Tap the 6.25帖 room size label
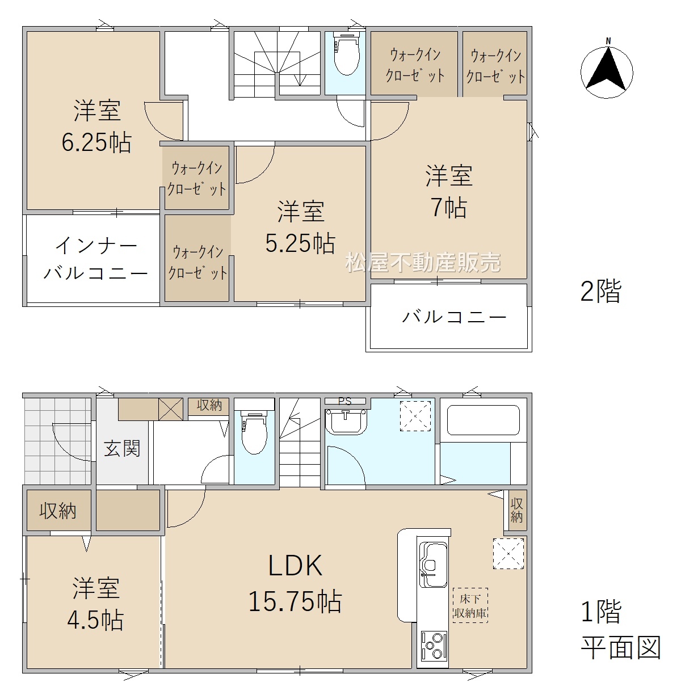(x=96, y=142)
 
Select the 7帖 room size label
(x=449, y=208)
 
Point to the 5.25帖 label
(x=300, y=243)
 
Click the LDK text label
(x=295, y=565)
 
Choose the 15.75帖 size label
(x=295, y=601)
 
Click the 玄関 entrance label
(x=122, y=449)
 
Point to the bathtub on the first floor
(x=484, y=420)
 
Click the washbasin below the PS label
(x=346, y=422)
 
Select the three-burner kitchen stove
(x=434, y=645)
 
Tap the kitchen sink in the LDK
(x=434, y=563)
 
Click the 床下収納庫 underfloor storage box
(x=470, y=605)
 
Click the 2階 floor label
(x=601, y=291)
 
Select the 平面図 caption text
(x=621, y=647)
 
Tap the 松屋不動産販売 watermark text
(x=423, y=262)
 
